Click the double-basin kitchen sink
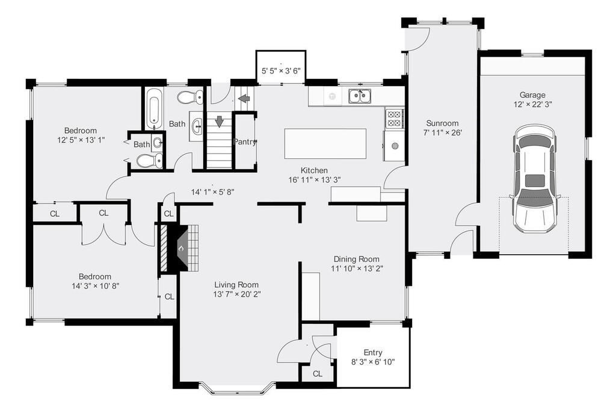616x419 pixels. [360, 96]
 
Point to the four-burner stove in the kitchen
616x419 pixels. [394, 118]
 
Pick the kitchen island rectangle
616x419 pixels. [325, 143]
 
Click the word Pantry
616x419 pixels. [245, 143]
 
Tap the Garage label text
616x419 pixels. [532, 95]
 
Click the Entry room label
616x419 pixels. [373, 352]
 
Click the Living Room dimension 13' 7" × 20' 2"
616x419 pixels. [236, 294]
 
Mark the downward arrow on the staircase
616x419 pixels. [220, 121]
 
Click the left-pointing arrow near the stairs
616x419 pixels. [244, 98]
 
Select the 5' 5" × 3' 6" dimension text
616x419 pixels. [281, 71]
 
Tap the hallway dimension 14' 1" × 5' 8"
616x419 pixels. [212, 192]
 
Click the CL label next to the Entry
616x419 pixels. [317, 374]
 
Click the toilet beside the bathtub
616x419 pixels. [191, 97]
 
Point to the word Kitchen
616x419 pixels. [315, 170]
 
